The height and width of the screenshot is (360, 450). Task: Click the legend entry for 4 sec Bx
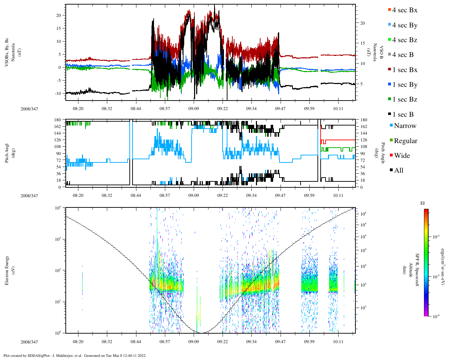[404, 10]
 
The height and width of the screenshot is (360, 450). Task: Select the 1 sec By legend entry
[405, 85]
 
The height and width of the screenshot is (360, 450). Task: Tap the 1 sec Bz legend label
[405, 99]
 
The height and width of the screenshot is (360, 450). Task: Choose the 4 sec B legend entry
[403, 55]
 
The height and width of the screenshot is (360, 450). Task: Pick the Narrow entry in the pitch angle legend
[405, 126]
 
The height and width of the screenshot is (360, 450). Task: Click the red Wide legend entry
[401, 156]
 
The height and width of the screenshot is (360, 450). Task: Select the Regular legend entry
[405, 141]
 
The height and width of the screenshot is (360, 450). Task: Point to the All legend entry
[398, 171]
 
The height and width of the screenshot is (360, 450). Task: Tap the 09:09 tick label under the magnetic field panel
[193, 109]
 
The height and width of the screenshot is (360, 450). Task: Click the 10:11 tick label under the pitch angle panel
[338, 195]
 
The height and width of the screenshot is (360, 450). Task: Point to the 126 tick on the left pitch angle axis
[58, 140]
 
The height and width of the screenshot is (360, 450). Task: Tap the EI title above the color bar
[423, 203]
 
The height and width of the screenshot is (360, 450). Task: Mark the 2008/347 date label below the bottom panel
[29, 342]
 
